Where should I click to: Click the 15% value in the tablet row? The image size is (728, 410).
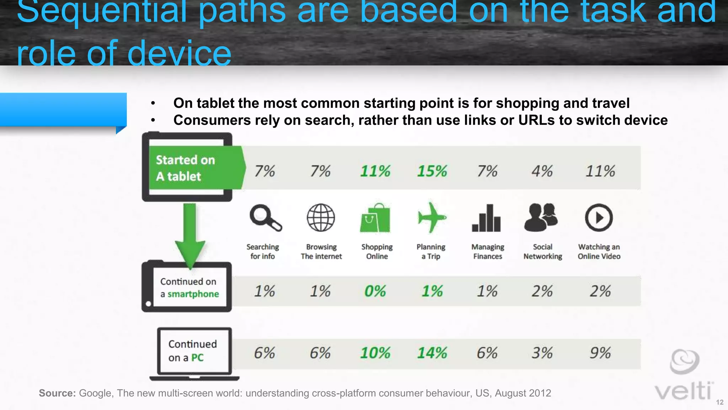(x=432, y=171)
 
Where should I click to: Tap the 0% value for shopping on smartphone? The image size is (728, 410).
(x=375, y=291)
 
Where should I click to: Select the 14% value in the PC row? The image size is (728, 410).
(x=432, y=353)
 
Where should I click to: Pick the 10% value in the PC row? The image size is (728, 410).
(x=375, y=353)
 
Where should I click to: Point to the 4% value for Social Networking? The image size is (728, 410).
(x=542, y=171)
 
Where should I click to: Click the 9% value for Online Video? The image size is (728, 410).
(x=600, y=353)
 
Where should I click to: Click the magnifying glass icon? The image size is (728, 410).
(x=265, y=217)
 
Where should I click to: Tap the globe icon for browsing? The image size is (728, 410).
(x=321, y=217)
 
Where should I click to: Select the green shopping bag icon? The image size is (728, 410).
(x=375, y=218)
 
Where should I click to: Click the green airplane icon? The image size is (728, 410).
(x=431, y=217)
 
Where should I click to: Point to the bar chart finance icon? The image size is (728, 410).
(x=486, y=218)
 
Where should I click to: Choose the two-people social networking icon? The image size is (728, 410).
(x=541, y=217)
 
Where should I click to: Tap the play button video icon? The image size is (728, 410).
(x=599, y=217)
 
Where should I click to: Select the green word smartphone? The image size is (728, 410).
(x=193, y=294)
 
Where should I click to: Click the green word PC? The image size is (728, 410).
(x=197, y=358)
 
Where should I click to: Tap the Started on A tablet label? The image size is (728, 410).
(x=186, y=168)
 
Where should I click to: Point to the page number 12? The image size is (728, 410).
(x=719, y=402)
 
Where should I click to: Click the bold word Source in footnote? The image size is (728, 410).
(x=57, y=393)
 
